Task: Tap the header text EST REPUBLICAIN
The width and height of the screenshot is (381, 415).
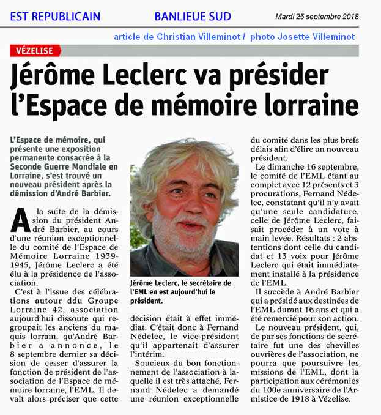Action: pos(55,17)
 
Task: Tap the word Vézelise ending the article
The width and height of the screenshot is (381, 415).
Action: pos(331,399)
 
